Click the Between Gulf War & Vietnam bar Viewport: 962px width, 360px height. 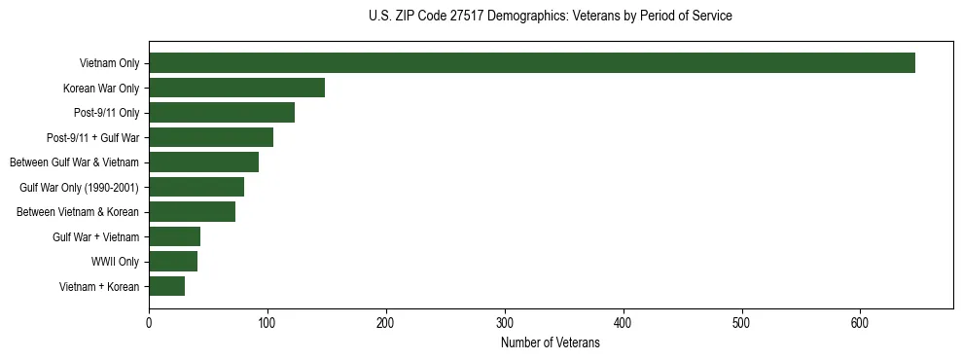pos(203,162)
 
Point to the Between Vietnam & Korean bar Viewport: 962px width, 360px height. pos(192,211)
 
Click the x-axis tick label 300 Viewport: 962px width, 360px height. pos(505,322)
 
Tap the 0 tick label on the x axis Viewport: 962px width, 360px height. pos(149,322)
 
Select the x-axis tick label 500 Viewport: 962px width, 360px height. pos(742,322)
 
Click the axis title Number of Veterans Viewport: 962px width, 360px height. pos(551,342)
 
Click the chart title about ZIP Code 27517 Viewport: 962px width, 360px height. pos(551,17)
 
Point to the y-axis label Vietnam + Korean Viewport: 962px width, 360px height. pos(99,286)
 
